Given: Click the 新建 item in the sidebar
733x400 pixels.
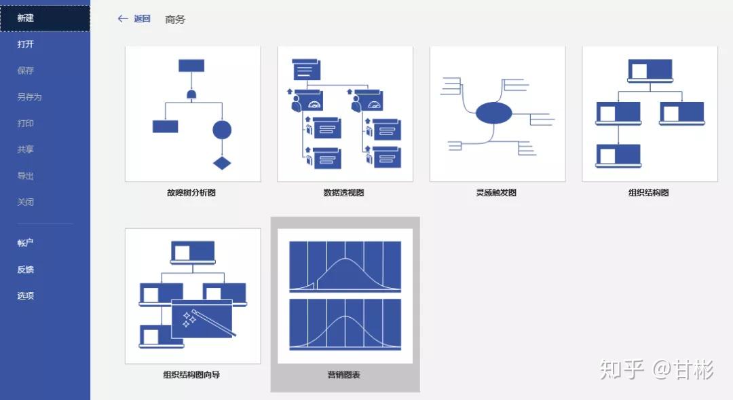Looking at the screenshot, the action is (26, 18).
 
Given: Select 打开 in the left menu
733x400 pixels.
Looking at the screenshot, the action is (26, 45).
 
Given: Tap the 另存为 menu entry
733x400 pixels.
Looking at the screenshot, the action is (29, 97).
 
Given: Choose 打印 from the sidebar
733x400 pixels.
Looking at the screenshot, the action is (26, 124).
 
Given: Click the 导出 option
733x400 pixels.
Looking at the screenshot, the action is (26, 176).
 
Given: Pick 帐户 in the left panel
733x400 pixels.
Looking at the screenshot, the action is (26, 243).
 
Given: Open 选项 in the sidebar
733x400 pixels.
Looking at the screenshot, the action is (26, 296).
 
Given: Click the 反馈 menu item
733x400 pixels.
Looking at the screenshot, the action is (26, 270).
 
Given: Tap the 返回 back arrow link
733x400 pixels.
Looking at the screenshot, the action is (134, 19).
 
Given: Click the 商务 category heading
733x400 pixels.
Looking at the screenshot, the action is (175, 20).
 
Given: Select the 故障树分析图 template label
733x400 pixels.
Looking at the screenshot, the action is (192, 193).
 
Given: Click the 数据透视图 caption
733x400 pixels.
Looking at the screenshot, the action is (344, 193).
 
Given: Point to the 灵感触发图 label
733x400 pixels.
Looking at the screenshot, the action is (496, 193).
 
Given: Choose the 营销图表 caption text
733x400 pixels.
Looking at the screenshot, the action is (344, 375).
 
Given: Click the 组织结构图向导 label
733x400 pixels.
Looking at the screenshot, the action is (192, 375).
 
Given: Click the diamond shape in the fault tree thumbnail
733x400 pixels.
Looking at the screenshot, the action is (222, 163).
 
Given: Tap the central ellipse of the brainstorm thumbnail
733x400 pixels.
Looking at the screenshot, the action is (493, 113).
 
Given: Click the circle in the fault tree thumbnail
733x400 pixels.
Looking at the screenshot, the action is (222, 130).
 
